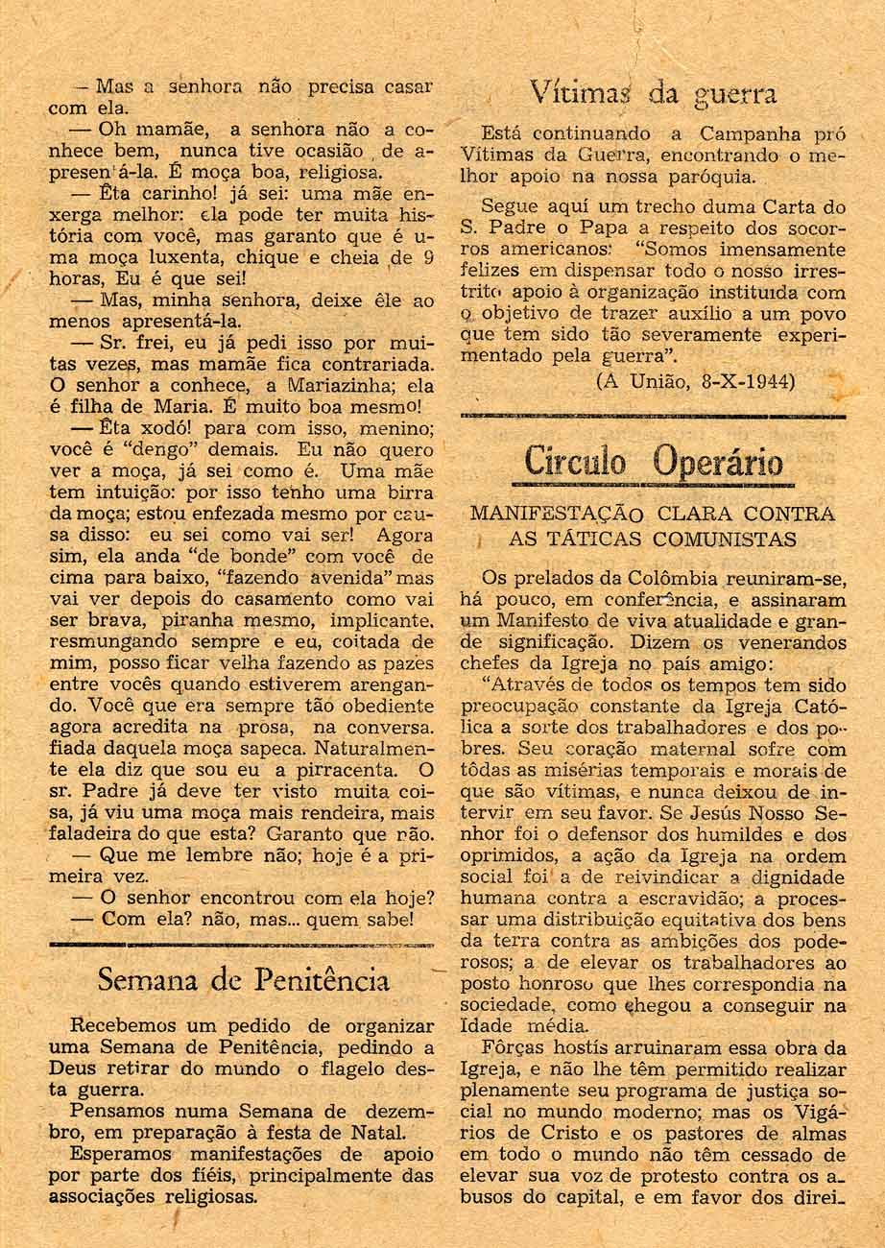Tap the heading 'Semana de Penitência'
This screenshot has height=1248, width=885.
tap(244, 979)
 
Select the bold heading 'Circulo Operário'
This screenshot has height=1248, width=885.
tap(653, 463)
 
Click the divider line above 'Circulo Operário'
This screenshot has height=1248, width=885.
tap(653, 416)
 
